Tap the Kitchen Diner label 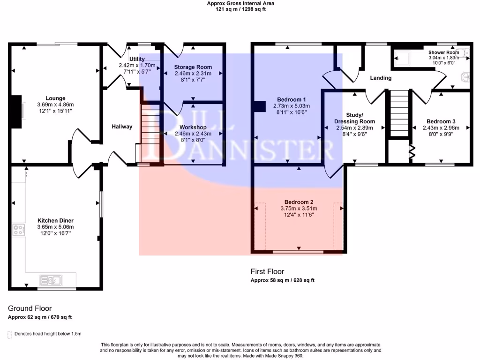[56, 220]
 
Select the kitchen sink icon [52, 280]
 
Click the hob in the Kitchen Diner [19, 230]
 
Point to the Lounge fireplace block [16, 112]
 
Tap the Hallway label [122, 127]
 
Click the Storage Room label [193, 67]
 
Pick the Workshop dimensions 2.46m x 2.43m [193, 134]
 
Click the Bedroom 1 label [292, 99]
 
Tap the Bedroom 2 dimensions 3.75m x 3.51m [299, 209]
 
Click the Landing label [381, 78]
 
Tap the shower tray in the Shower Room [402, 58]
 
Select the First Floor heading [267, 271]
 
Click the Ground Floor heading [30, 308]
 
